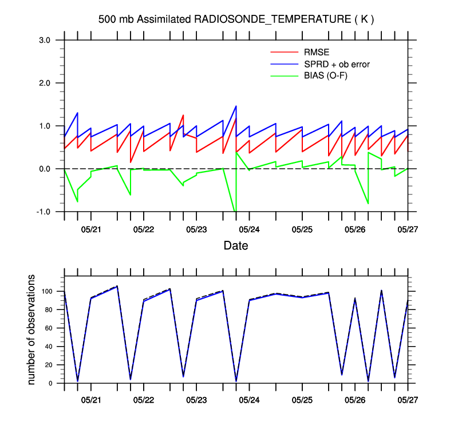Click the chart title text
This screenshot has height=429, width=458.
(x=236, y=19)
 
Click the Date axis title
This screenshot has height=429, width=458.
(x=236, y=246)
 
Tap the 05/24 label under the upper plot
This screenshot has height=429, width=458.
(x=249, y=229)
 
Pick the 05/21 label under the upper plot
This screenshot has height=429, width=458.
(x=90, y=229)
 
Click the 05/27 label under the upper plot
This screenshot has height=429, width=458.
(x=408, y=229)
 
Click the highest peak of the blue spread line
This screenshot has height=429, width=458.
(x=236, y=106)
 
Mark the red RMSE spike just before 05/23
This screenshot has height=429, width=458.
(x=183, y=116)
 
